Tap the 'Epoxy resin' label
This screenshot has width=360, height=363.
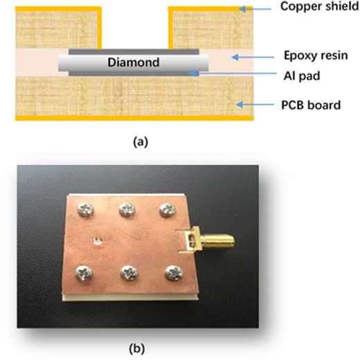[309, 55]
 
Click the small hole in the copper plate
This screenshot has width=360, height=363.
[98, 241]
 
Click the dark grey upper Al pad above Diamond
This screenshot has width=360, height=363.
[134, 52]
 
